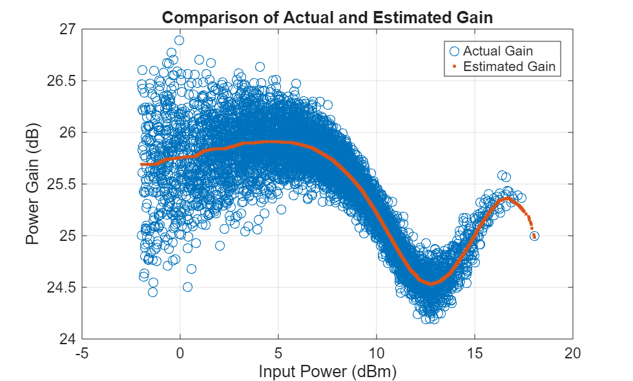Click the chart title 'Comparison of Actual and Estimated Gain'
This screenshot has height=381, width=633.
(x=327, y=17)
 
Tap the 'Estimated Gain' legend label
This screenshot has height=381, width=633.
(x=509, y=66)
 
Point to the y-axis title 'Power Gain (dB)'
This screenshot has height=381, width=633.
(x=33, y=184)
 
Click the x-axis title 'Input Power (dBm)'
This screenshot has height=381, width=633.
(x=327, y=372)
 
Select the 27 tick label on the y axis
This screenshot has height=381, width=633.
(x=67, y=30)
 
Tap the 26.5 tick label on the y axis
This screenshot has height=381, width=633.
(x=61, y=81)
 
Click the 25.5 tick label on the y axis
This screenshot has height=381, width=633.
(x=61, y=184)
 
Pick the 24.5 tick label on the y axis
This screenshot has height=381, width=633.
(x=61, y=287)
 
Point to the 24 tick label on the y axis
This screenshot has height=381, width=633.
(x=67, y=339)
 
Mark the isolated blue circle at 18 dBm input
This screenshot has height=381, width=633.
(x=534, y=236)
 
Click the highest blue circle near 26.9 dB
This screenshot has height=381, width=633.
(x=179, y=40)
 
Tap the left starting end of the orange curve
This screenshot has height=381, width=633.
(x=141, y=165)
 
